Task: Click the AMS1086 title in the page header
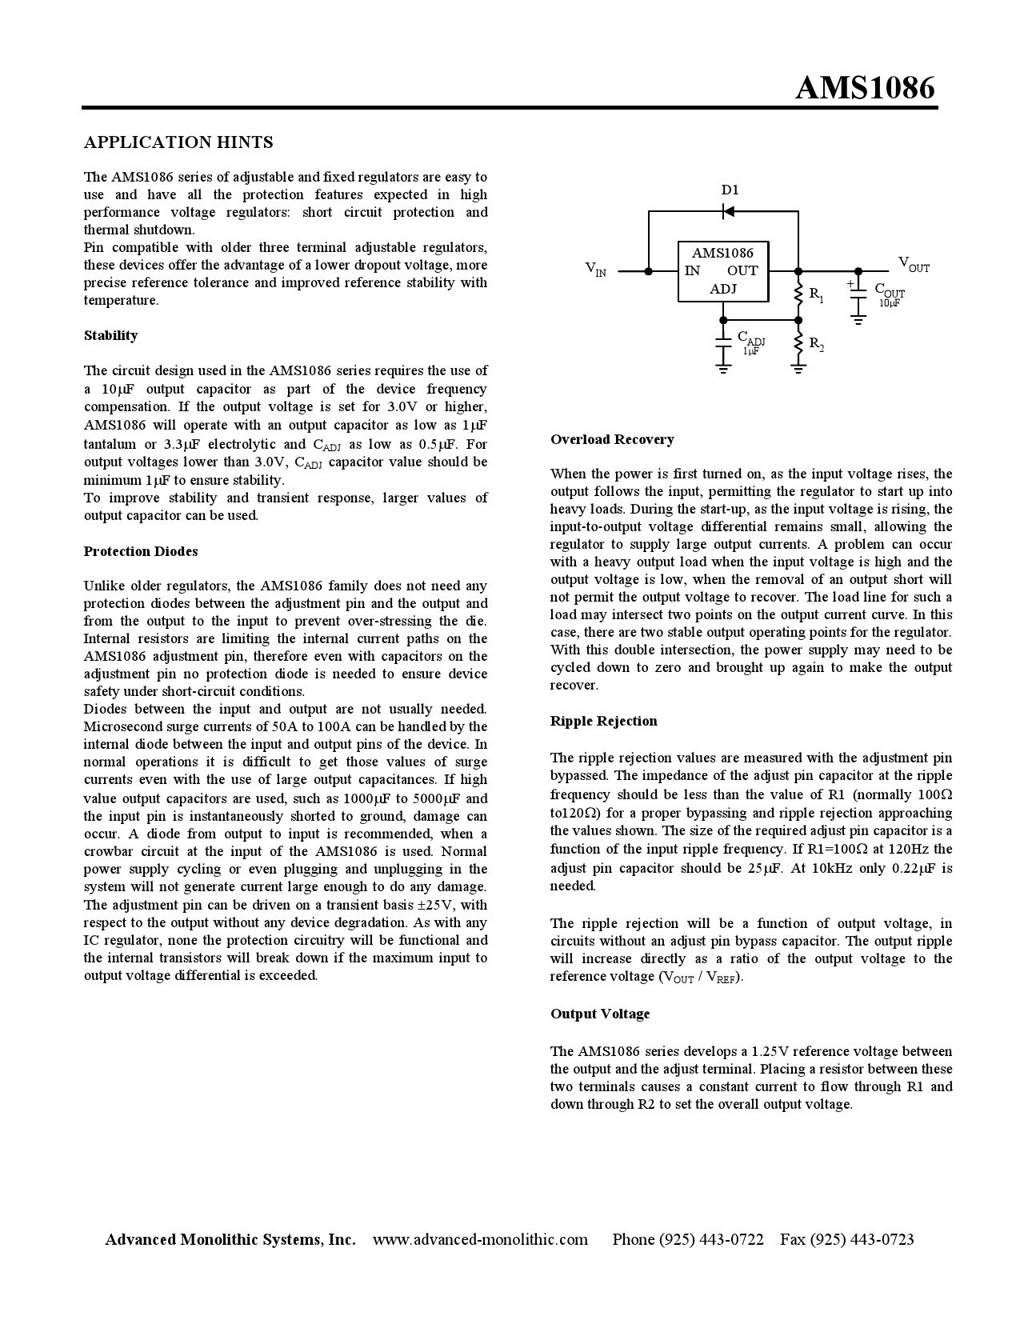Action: tap(865, 88)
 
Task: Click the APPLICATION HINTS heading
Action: tap(178, 142)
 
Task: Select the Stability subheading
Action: tap(110, 335)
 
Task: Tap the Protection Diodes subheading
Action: tap(141, 551)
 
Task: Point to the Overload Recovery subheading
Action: tap(612, 439)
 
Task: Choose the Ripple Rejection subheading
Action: tap(603, 721)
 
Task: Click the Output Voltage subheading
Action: tap(600, 1014)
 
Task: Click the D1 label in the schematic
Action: tap(730, 190)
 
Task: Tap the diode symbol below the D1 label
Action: tap(728, 211)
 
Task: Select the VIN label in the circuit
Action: tap(595, 270)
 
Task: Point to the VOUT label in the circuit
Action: tap(913, 263)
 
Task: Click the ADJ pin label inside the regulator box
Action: tap(722, 289)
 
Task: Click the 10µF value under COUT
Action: tap(889, 303)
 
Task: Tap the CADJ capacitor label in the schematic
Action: tap(750, 338)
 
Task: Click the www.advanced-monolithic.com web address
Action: tap(480, 1239)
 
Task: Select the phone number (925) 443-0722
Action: tap(710, 1239)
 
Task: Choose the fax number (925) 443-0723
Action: tap(862, 1239)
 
